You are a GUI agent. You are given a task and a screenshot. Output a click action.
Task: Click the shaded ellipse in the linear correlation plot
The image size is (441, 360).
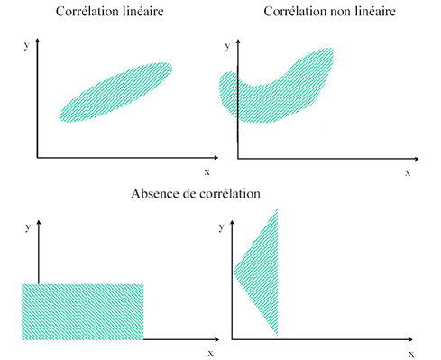(115, 92)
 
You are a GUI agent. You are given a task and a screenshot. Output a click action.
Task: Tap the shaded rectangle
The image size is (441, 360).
(82, 311)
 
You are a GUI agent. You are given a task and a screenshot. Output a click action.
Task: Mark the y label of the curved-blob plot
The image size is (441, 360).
(224, 42)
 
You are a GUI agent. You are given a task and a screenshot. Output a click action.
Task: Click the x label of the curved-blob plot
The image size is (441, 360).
(408, 171)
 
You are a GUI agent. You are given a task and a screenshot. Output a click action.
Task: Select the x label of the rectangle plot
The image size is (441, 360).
(210, 353)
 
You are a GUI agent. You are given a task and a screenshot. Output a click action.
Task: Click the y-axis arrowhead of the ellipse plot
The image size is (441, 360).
(37, 41)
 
